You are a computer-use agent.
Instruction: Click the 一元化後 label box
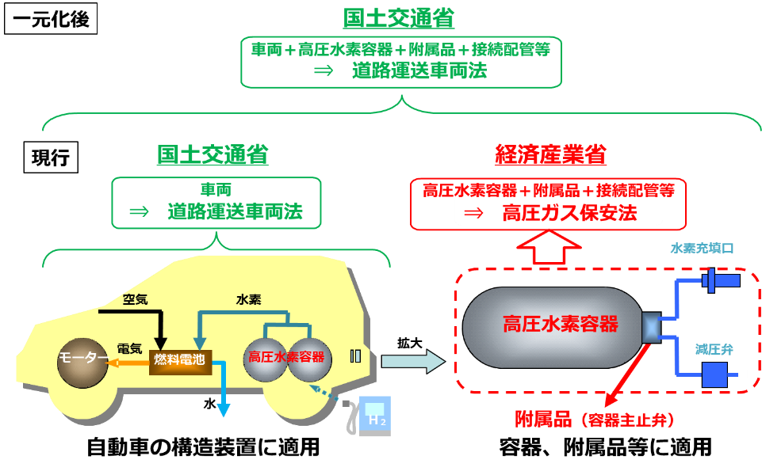click(x=51, y=18)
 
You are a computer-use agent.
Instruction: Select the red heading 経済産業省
click(x=550, y=155)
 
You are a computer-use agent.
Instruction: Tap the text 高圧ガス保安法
click(x=569, y=213)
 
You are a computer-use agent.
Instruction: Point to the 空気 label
click(x=135, y=299)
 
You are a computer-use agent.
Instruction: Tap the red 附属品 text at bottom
click(x=543, y=420)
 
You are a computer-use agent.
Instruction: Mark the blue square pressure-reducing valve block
click(x=715, y=374)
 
